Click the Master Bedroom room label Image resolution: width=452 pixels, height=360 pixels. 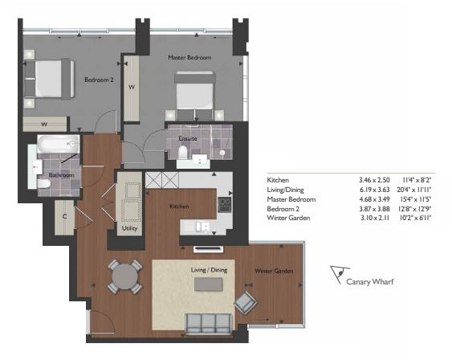point(189,57)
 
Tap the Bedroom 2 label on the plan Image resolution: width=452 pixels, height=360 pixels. point(99,80)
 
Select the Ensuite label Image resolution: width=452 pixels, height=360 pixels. point(188,138)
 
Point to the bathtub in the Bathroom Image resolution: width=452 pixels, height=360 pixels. point(59,144)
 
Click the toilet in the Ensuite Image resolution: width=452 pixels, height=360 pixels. point(183,152)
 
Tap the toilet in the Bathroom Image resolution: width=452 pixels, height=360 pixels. point(44,184)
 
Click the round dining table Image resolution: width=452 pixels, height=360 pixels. point(125,276)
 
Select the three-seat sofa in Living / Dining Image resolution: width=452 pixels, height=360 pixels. point(209,324)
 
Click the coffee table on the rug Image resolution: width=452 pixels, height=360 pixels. point(209,284)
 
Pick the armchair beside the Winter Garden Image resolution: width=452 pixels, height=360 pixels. point(246,302)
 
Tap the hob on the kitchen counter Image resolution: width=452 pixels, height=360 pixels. point(224,204)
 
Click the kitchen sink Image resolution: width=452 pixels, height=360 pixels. point(203,227)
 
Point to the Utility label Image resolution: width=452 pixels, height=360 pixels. point(129,228)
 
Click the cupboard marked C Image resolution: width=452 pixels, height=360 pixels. point(64,218)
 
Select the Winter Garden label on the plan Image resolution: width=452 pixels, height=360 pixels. point(274,271)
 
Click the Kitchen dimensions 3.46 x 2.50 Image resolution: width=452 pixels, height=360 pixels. point(374,180)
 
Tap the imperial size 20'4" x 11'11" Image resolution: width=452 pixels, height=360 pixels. point(414,190)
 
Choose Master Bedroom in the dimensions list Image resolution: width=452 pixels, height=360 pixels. point(291,199)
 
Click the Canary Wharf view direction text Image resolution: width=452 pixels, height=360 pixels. point(370,281)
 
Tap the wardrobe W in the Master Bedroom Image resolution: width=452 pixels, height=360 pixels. point(132,88)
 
